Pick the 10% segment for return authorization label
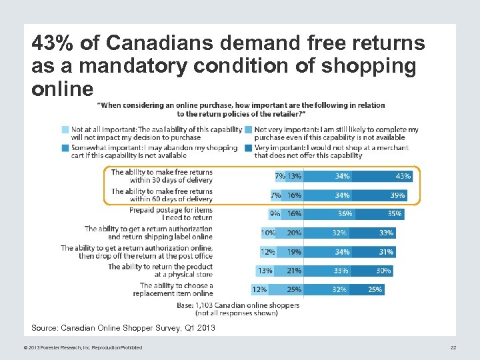[x=268, y=233]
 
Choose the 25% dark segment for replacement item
[x=375, y=289]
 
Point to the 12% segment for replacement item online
[x=259, y=289]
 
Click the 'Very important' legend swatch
[x=248, y=148]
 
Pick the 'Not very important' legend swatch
[x=248, y=129]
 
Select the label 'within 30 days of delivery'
[x=171, y=180]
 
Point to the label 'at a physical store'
[x=183, y=274]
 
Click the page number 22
[x=453, y=347]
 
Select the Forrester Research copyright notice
[x=77, y=347]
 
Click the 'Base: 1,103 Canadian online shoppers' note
[x=247, y=305]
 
